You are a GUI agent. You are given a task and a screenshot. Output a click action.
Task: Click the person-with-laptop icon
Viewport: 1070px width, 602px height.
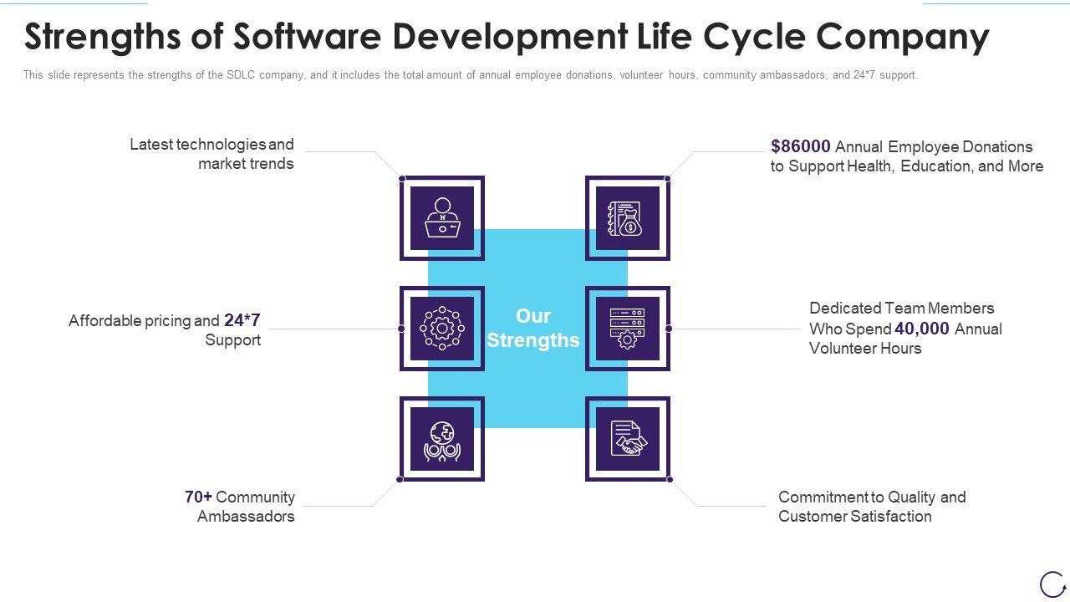[442, 217]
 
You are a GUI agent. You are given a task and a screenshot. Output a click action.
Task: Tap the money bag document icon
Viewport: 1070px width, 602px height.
[627, 217]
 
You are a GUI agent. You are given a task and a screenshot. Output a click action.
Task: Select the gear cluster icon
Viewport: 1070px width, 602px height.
[442, 329]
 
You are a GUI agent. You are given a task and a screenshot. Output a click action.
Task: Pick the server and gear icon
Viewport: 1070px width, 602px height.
[627, 329]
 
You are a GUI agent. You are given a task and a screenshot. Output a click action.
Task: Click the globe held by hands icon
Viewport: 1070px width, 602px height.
[442, 440]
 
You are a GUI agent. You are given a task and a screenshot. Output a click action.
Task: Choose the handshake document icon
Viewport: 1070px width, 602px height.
[627, 439]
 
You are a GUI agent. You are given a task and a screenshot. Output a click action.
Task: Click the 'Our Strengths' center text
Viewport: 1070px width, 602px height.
[533, 328]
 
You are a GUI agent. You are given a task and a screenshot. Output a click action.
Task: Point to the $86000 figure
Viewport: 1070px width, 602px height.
[801, 146]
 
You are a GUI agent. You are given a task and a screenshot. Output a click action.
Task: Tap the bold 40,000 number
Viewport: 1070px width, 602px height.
[922, 329]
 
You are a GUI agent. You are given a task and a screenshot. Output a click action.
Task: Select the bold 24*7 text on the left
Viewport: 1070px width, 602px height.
[242, 320]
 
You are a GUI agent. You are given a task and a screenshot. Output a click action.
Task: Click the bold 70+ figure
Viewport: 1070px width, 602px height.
[198, 497]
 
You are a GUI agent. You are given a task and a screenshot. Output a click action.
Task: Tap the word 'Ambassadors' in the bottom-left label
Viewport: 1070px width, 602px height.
[246, 517]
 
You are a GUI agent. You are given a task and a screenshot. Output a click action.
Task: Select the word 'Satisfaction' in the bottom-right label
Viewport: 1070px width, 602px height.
[890, 517]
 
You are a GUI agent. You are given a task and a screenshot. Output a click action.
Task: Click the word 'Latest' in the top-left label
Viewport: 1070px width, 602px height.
[151, 145]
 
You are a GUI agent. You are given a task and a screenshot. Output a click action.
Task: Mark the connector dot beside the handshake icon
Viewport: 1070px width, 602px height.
[670, 479]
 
